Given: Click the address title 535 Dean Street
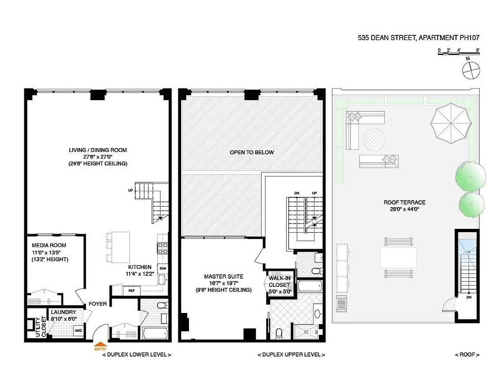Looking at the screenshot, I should pos(418,37).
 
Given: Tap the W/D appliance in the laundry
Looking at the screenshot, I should pos(78,331).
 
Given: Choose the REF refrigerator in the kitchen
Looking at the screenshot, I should pos(132,291).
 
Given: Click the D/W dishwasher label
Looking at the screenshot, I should pos(162,268).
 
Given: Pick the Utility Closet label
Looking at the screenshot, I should pos(39,327).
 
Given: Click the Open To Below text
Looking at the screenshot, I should pos(251,152).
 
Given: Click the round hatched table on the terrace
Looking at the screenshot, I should pos(375,140).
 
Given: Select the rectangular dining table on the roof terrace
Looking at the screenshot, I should pos(398,257).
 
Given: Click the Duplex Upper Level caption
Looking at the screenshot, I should pos(291,355).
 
